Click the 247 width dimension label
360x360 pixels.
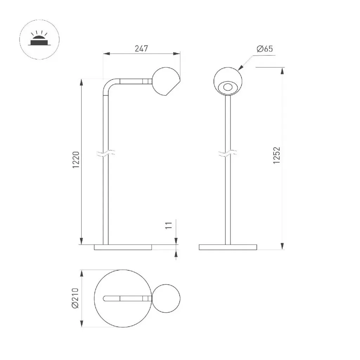point(141,49)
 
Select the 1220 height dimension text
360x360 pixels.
point(76,160)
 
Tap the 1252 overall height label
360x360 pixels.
point(277,155)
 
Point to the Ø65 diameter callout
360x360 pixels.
point(265,49)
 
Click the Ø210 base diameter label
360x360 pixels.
point(75,298)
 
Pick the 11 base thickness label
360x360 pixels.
point(169,225)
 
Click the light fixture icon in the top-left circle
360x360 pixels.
point(39,39)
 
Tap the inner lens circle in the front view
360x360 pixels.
point(228,88)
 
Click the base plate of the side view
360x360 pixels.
point(123,247)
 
